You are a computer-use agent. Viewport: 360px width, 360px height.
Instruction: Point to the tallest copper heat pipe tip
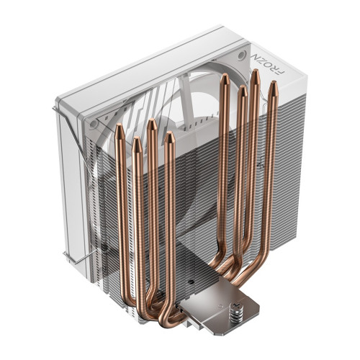(255, 73)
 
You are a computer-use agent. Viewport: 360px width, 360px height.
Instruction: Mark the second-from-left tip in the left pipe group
(135, 141)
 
